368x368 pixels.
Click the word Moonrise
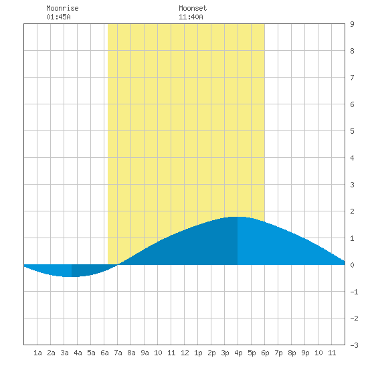coord(62,8)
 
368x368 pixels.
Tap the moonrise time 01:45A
coord(58,17)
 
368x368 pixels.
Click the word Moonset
coord(193,8)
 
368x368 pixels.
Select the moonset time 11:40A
coord(191,17)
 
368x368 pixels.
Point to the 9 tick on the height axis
coord(352,24)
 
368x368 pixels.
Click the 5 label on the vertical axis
coord(352,131)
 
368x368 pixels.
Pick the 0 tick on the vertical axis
coord(352,265)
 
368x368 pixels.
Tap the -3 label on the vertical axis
coord(354,345)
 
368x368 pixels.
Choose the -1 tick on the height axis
coord(354,292)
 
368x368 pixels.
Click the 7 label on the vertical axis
coord(352,78)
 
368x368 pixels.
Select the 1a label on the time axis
coord(37,353)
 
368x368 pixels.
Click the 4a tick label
coord(78,353)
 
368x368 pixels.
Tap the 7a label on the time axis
coord(118,353)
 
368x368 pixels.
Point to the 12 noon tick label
coord(185,353)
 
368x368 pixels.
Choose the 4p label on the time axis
coord(238,353)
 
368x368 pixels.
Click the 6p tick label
coord(265,353)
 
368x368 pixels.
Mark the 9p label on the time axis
coord(305,353)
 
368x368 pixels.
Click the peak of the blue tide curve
coord(237,217)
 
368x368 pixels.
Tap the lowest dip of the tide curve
coord(68,277)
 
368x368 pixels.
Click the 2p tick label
coord(211,353)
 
